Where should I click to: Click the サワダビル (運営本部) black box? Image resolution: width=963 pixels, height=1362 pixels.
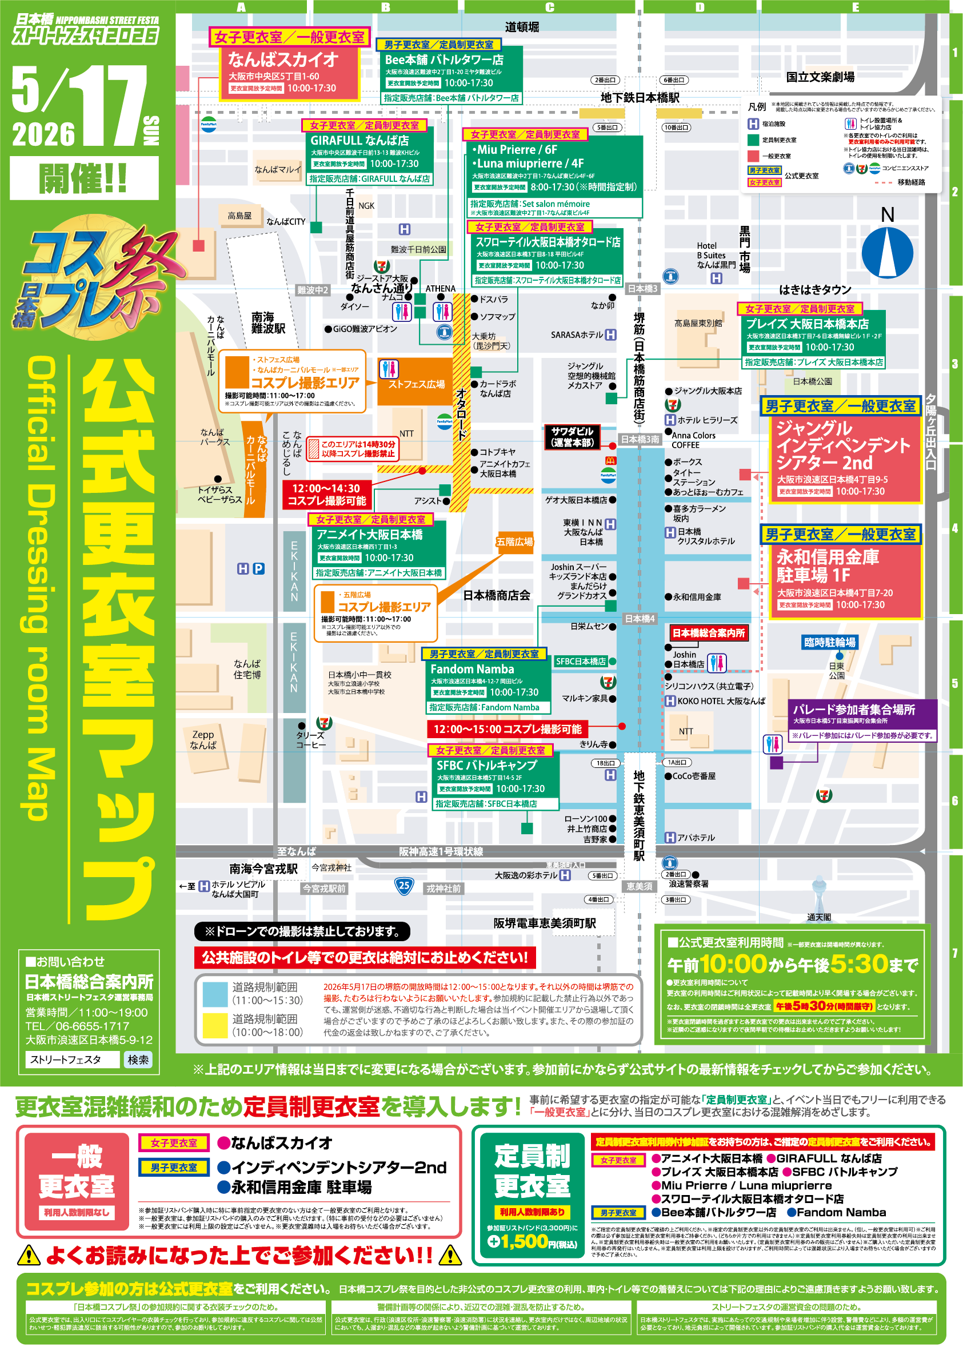click(x=572, y=437)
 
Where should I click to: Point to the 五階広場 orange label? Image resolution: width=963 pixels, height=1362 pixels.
click(x=514, y=541)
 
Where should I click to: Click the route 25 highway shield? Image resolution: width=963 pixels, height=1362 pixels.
click(x=404, y=886)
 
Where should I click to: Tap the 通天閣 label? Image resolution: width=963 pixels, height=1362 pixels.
click(x=819, y=917)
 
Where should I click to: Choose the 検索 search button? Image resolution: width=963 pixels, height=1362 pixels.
click(x=138, y=1060)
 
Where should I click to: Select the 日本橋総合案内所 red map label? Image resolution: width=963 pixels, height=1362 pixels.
click(x=709, y=633)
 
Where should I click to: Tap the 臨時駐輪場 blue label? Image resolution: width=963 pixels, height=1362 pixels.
click(x=829, y=643)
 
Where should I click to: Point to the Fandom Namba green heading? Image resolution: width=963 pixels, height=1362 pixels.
click(x=472, y=669)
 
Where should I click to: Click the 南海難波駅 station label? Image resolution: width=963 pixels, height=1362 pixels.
click(x=268, y=322)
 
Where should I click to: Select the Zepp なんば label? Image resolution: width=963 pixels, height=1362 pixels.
click(x=203, y=740)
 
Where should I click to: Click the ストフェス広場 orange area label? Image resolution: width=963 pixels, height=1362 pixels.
click(x=416, y=384)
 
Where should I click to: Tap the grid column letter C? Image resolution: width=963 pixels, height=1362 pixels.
click(x=550, y=7)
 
